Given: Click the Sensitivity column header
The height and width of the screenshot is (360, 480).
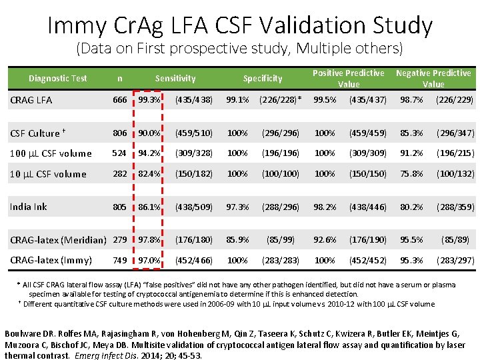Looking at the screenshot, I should (x=175, y=78).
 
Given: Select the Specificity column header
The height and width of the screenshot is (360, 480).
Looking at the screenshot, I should (x=263, y=78).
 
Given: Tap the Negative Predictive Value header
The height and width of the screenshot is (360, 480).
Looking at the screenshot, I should (x=433, y=78).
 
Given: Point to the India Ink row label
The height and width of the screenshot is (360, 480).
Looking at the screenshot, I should (x=29, y=206).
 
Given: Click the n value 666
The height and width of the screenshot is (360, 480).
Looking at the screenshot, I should (x=120, y=100).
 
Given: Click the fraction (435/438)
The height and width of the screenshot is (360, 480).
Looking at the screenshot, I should (x=193, y=100).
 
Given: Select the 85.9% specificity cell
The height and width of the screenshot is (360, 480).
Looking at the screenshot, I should (x=238, y=239).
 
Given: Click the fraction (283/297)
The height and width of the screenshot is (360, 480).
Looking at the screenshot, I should (x=455, y=260).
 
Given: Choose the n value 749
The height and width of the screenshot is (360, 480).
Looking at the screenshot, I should (x=120, y=260).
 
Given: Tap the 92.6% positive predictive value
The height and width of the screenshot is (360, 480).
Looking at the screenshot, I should (x=325, y=239).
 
